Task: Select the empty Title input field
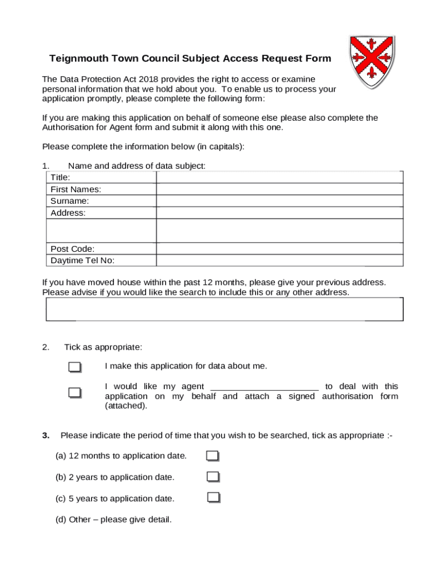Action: (279, 177)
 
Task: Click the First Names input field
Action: (279, 189)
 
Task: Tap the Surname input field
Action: (279, 201)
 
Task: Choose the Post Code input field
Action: (279, 249)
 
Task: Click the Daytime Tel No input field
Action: (279, 260)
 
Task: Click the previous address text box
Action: (224, 309)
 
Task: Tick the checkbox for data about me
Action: (74, 367)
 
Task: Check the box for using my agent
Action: (74, 393)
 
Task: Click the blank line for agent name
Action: (265, 387)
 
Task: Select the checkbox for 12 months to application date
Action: (212, 456)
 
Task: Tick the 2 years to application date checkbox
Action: (213, 477)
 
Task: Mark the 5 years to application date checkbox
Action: (214, 497)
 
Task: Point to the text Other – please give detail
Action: (113, 520)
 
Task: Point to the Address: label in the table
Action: (68, 213)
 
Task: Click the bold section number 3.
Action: (45, 435)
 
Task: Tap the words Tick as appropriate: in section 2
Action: (103, 347)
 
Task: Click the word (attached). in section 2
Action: (125, 406)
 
